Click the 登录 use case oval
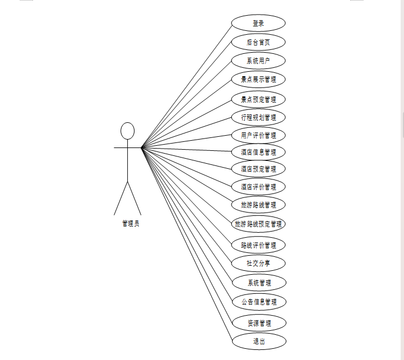[258, 24]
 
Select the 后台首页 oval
[258, 42]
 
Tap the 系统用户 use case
[258, 61]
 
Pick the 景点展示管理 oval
[258, 79]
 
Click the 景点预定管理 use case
[258, 99]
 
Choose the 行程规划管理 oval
[258, 117]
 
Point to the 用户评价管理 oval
[258, 135]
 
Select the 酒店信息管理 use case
[258, 152]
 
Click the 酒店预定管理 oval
[258, 169]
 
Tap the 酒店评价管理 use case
[258, 187]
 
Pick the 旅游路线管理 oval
[258, 205]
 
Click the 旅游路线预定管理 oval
[258, 224]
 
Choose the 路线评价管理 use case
[258, 245]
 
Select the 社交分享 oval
[258, 263]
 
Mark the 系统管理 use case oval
[258, 282]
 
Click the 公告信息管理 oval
[258, 302]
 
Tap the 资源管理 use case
[258, 323]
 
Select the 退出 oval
[258, 341]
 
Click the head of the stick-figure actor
[128, 131]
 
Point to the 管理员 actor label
[131, 224]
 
